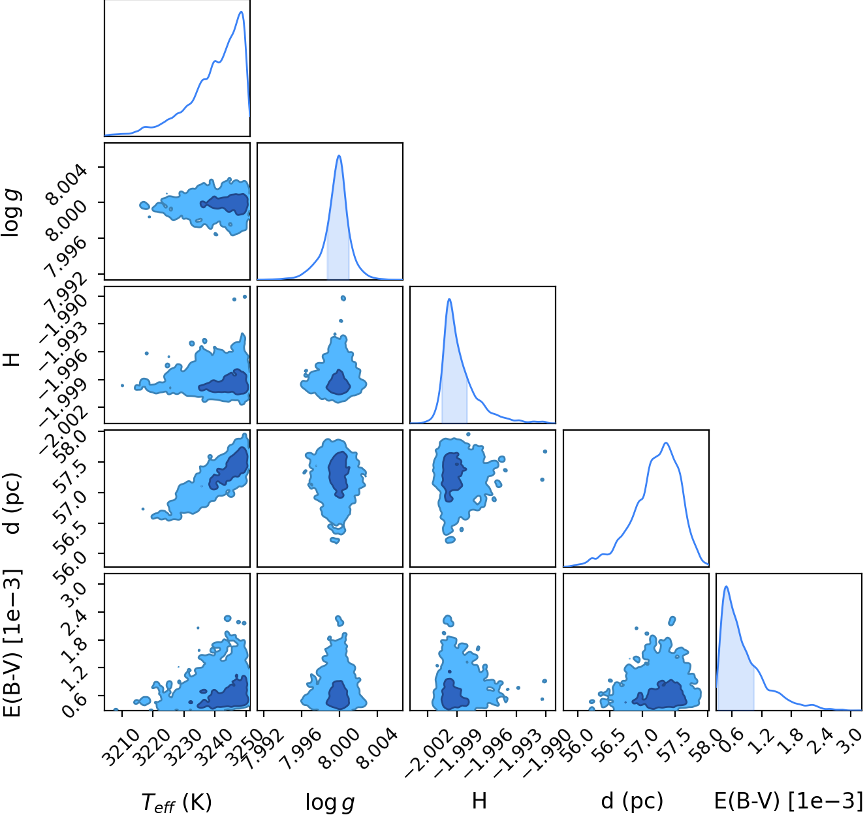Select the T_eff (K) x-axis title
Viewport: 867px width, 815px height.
[177, 801]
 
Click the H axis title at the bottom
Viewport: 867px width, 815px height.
[479, 801]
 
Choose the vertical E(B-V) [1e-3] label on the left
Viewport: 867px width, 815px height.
[14, 644]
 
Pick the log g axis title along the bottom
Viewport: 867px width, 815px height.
[330, 802]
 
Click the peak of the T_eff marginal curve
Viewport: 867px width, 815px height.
[242, 12]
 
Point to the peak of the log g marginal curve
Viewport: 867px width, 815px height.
[339, 155]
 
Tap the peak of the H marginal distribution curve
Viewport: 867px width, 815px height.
[449, 299]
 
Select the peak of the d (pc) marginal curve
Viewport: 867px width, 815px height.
[666, 443]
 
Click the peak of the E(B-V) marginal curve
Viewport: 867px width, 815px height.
[727, 586]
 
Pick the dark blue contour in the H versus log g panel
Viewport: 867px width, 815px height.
[338, 383]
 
